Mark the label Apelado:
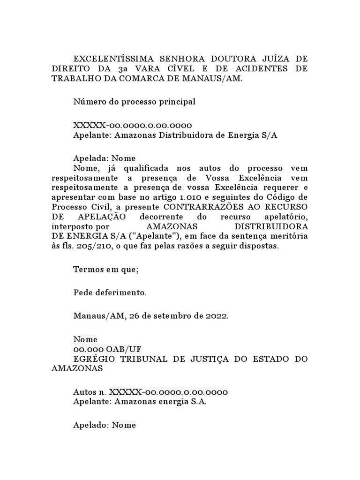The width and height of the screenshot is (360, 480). pos(91,425)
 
